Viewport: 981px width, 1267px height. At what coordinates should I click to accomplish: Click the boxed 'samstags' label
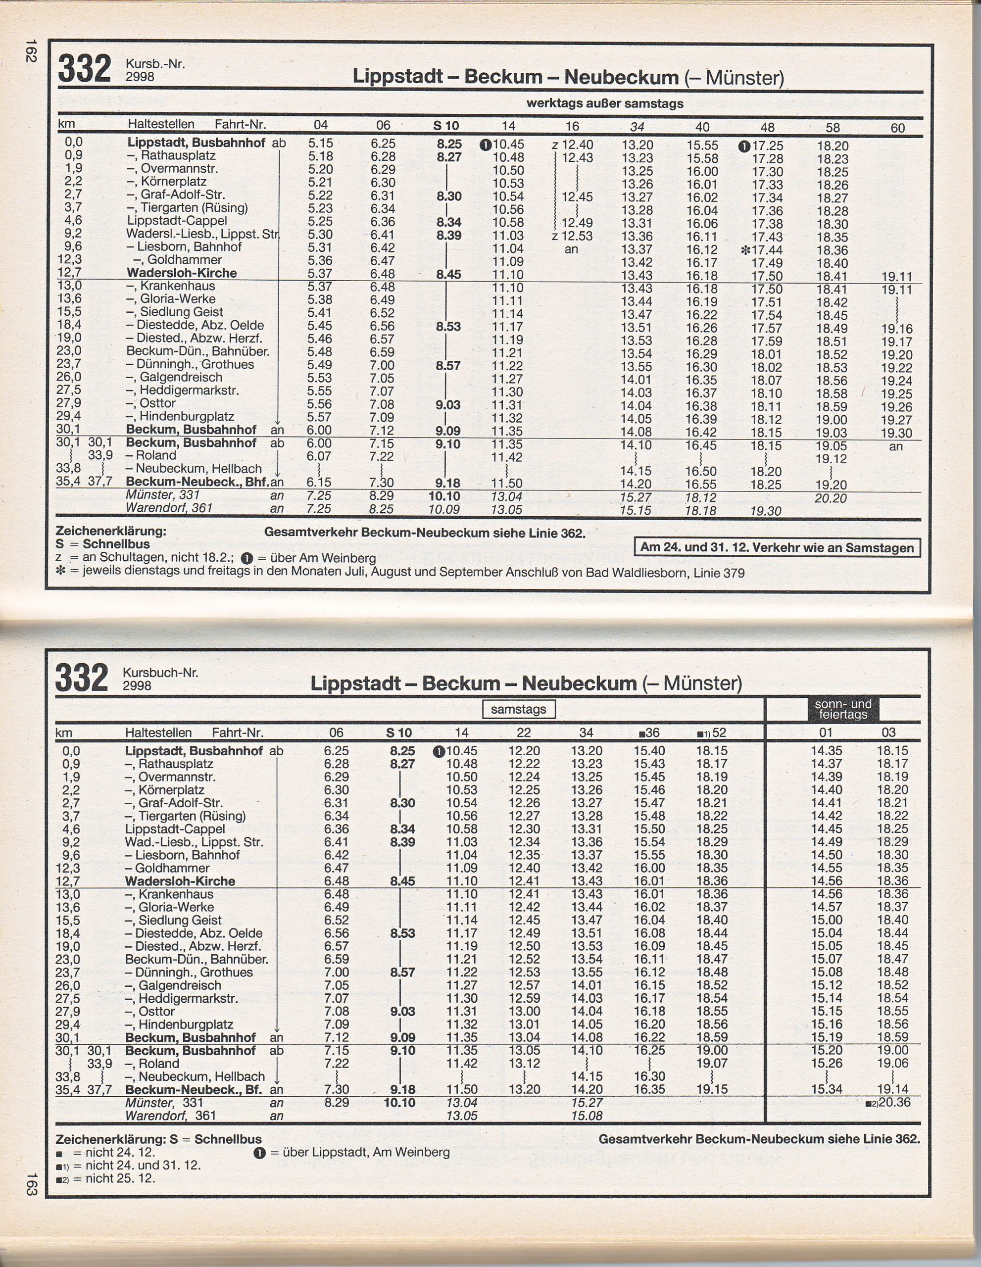[x=518, y=709]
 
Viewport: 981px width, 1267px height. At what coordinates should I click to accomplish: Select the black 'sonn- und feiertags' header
[x=842, y=709]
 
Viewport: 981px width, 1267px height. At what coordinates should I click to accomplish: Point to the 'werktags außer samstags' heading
[x=604, y=104]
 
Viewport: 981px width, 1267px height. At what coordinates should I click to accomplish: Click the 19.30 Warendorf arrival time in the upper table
[x=766, y=511]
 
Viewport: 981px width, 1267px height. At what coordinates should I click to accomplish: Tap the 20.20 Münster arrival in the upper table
[x=830, y=498]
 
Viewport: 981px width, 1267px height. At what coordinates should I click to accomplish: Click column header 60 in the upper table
[x=897, y=128]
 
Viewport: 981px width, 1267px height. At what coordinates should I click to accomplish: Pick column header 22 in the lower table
[x=523, y=732]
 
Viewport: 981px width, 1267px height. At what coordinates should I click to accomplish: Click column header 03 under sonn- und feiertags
[x=888, y=732]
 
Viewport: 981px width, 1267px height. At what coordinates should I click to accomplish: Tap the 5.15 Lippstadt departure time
[x=320, y=144]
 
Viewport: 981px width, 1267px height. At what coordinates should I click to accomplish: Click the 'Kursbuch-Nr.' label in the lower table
[x=161, y=673]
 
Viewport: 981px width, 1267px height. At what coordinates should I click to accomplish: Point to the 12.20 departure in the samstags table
[x=524, y=751]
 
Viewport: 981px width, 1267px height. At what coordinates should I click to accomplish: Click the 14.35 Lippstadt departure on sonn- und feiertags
[x=826, y=751]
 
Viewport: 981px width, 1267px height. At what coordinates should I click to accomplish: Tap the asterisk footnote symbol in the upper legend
[x=61, y=573]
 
